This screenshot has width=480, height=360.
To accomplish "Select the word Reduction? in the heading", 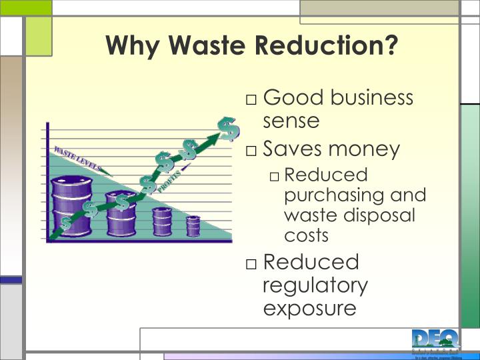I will [327, 46].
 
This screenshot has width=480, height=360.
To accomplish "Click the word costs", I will [306, 235].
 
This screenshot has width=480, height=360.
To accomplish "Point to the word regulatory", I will [315, 285].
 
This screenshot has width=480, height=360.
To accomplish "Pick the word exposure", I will [309, 309].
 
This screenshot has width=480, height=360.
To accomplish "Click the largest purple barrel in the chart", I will [71, 203].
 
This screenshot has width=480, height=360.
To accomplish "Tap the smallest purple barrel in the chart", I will [193, 226].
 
